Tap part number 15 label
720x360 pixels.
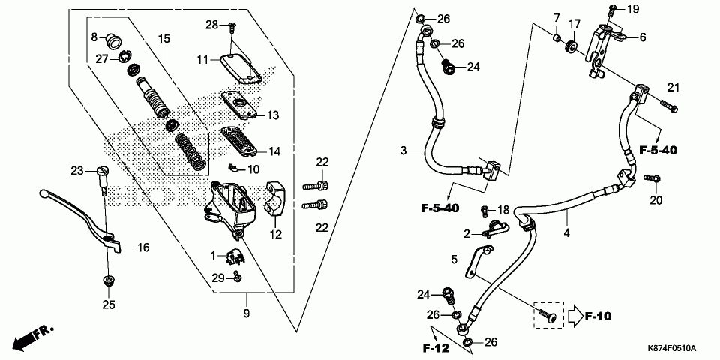(x=164, y=38)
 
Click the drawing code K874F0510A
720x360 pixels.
(x=672, y=349)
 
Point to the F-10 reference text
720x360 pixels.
(x=598, y=316)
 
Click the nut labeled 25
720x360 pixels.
(x=107, y=282)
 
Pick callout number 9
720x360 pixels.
(x=247, y=311)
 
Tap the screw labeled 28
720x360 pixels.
(x=232, y=26)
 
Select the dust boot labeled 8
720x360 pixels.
(x=115, y=39)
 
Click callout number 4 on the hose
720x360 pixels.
(x=566, y=233)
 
